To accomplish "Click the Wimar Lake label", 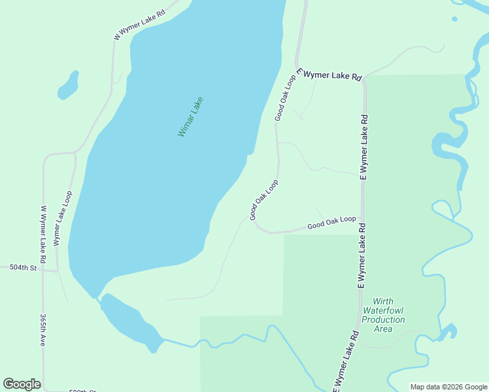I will click(x=191, y=117).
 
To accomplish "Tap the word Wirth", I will click(x=384, y=302).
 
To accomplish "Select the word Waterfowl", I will click(x=384, y=311).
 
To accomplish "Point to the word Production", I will click(x=384, y=320).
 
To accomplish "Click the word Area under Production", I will click(x=384, y=329).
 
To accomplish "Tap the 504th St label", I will click(x=22, y=268).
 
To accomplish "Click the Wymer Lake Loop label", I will click(x=62, y=218).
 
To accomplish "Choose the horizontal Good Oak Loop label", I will click(x=332, y=223).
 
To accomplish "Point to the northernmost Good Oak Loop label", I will click(x=285, y=97).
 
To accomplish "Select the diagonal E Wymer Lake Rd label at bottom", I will click(x=346, y=363).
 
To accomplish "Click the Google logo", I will click(x=22, y=384).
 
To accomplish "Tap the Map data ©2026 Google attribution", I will click(x=448, y=387).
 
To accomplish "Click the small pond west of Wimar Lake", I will click(x=68, y=85).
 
